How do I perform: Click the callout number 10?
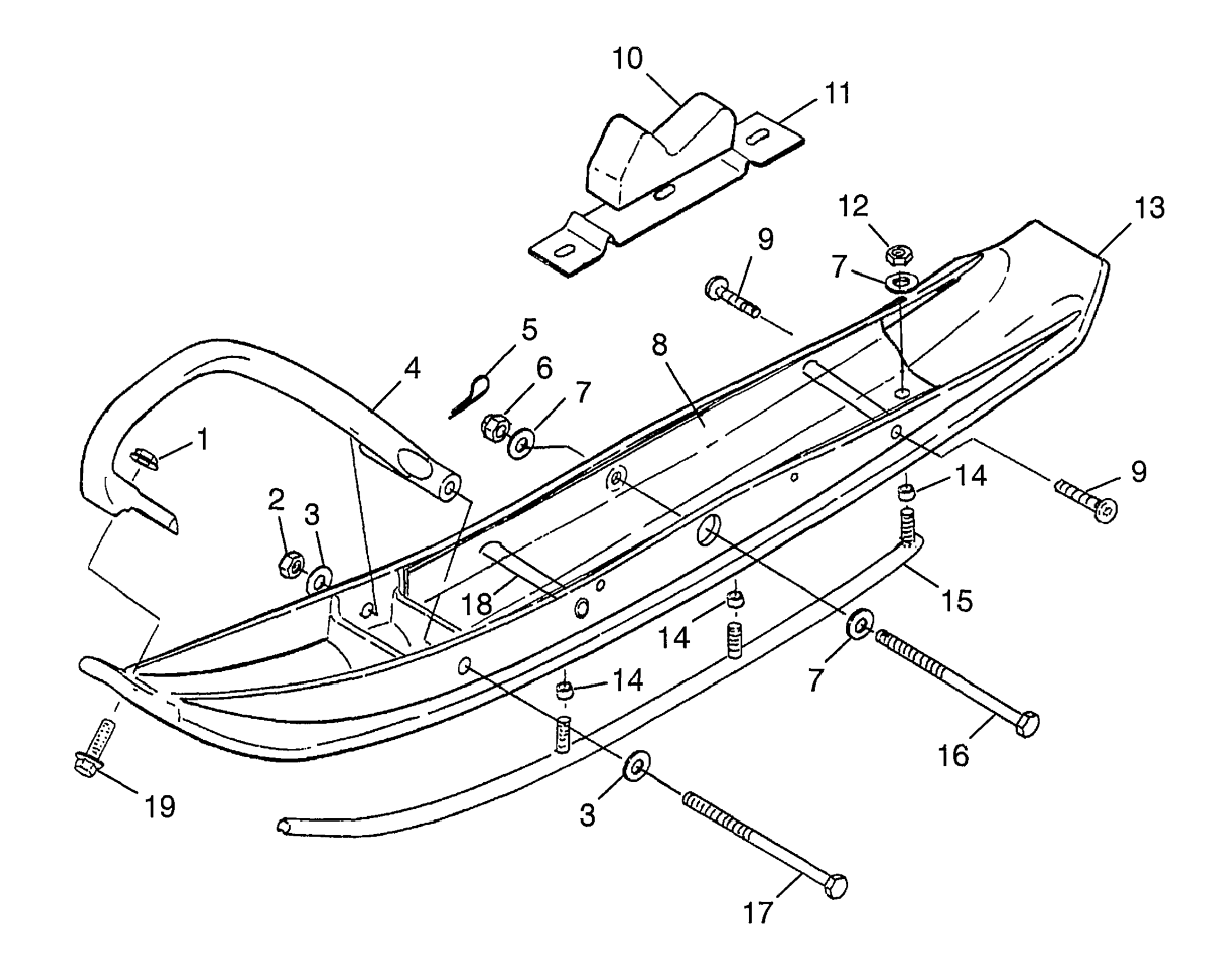[628, 59]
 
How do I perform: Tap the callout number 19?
[160, 806]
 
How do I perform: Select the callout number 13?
[1149, 209]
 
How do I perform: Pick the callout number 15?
[957, 601]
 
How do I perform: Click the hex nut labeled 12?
[899, 255]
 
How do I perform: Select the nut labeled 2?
[291, 564]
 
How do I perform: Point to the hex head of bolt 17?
[835, 887]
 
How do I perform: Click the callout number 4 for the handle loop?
[412, 369]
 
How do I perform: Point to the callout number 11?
[837, 93]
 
